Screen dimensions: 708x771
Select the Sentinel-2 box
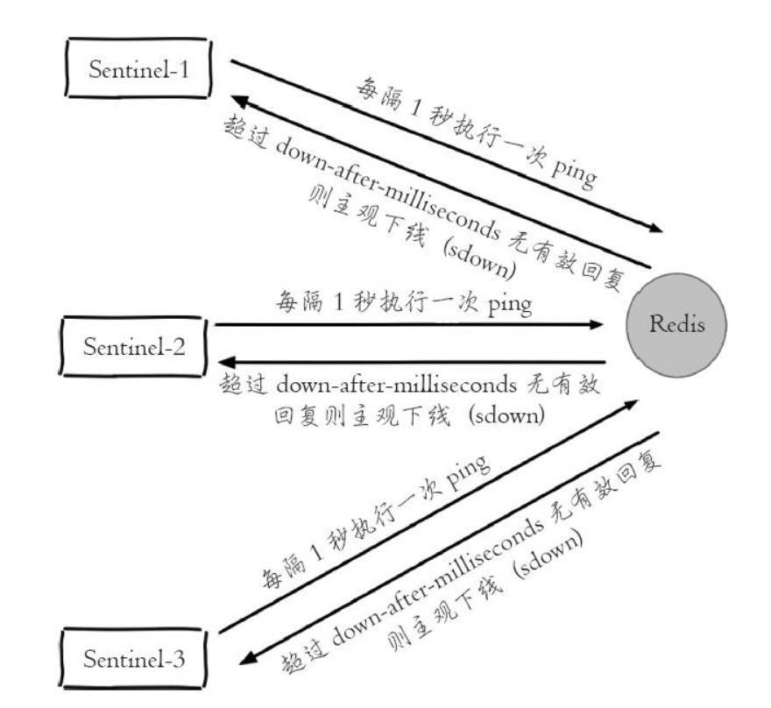[x=134, y=345]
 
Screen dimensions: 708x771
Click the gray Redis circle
[x=676, y=326]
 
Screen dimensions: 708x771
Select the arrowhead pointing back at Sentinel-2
[x=227, y=362]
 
